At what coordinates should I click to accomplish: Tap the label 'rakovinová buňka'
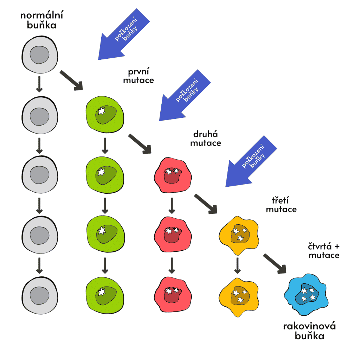[309, 331]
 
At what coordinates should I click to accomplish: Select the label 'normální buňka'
[39, 20]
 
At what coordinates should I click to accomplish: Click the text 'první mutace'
[141, 75]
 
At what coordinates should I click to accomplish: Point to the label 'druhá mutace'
[207, 139]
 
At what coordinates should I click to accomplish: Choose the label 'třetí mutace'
[281, 205]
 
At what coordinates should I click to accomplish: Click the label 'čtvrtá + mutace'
[324, 250]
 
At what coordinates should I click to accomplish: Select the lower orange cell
[239, 295]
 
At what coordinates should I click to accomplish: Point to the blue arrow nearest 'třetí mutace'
[251, 162]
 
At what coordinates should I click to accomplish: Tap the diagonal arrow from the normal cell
[71, 80]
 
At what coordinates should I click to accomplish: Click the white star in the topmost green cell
[101, 111]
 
